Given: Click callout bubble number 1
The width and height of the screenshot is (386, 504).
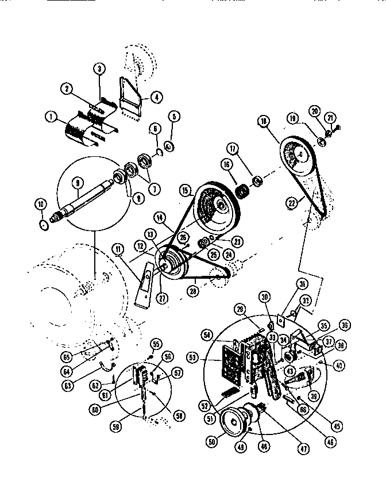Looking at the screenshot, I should [52, 118].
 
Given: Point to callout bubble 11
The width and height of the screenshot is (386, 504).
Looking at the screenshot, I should [117, 250].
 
